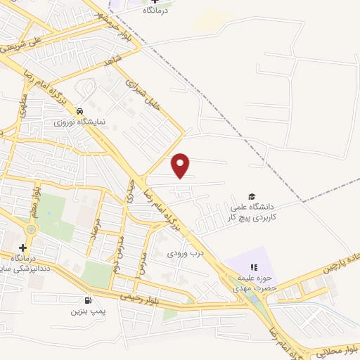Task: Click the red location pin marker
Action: (x=181, y=165)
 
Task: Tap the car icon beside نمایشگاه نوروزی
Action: (x=80, y=111)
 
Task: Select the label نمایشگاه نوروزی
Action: (x=80, y=122)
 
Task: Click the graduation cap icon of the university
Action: (x=252, y=196)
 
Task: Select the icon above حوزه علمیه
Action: (x=255, y=267)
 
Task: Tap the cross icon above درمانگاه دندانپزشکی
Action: (x=22, y=247)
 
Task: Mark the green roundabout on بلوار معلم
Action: (x=32, y=229)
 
